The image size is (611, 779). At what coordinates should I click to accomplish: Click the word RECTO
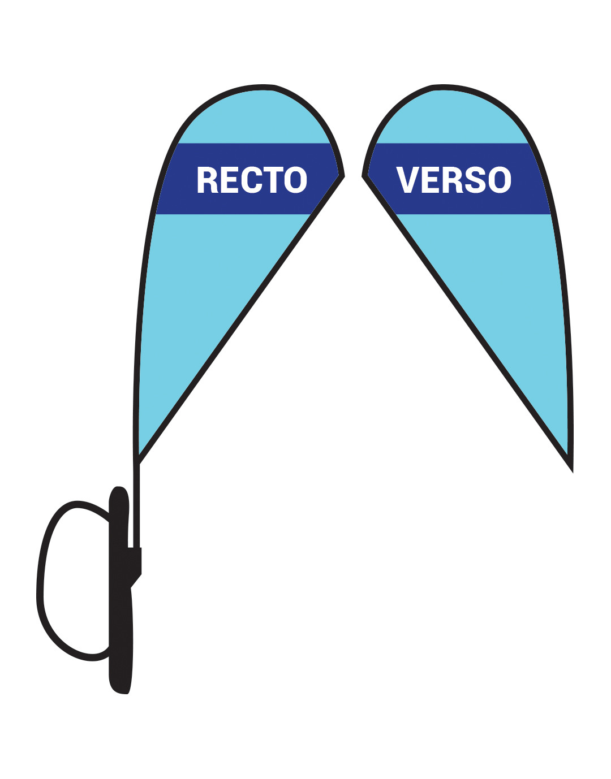coord(252,179)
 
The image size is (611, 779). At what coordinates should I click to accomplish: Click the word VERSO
coord(454,179)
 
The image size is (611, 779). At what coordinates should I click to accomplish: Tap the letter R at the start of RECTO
coord(208,179)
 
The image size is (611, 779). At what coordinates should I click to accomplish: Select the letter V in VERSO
coord(407,179)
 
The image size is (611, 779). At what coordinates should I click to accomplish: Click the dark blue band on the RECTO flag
coord(248,179)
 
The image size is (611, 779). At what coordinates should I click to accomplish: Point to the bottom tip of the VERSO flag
coord(572,471)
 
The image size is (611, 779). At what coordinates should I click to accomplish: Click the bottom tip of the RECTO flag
coord(137,462)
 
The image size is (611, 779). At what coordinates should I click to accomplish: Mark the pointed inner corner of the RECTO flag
coord(343,176)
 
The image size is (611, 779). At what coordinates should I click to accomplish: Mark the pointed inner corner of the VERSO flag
coord(363,176)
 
